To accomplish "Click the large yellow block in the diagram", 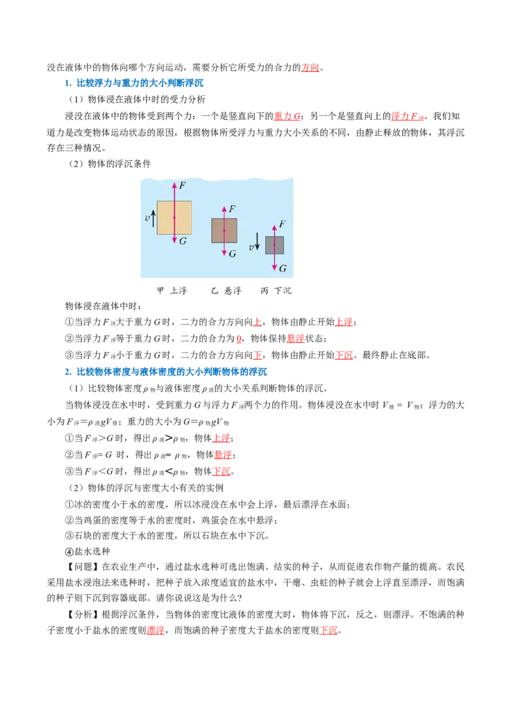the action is click(174, 218).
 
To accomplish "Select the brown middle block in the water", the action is click(224, 231).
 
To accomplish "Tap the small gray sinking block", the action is click(274, 245).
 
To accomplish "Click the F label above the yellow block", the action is click(182, 186).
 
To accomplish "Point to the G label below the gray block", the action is click(283, 268).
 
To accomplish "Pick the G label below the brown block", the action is click(232, 254).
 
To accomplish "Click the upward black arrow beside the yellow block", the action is click(153, 217).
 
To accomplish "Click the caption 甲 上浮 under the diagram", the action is click(172, 291).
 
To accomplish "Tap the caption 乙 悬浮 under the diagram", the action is click(227, 291).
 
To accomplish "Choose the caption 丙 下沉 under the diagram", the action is click(276, 291).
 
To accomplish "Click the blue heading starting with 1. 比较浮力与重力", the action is click(134, 83).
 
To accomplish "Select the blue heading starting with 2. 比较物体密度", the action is click(166, 372).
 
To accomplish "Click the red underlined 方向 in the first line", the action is click(310, 68).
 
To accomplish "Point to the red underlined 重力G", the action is click(287, 116).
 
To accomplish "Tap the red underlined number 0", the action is click(239, 339).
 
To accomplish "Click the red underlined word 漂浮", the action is click(156, 630).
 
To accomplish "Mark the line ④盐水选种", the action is click(88, 552).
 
